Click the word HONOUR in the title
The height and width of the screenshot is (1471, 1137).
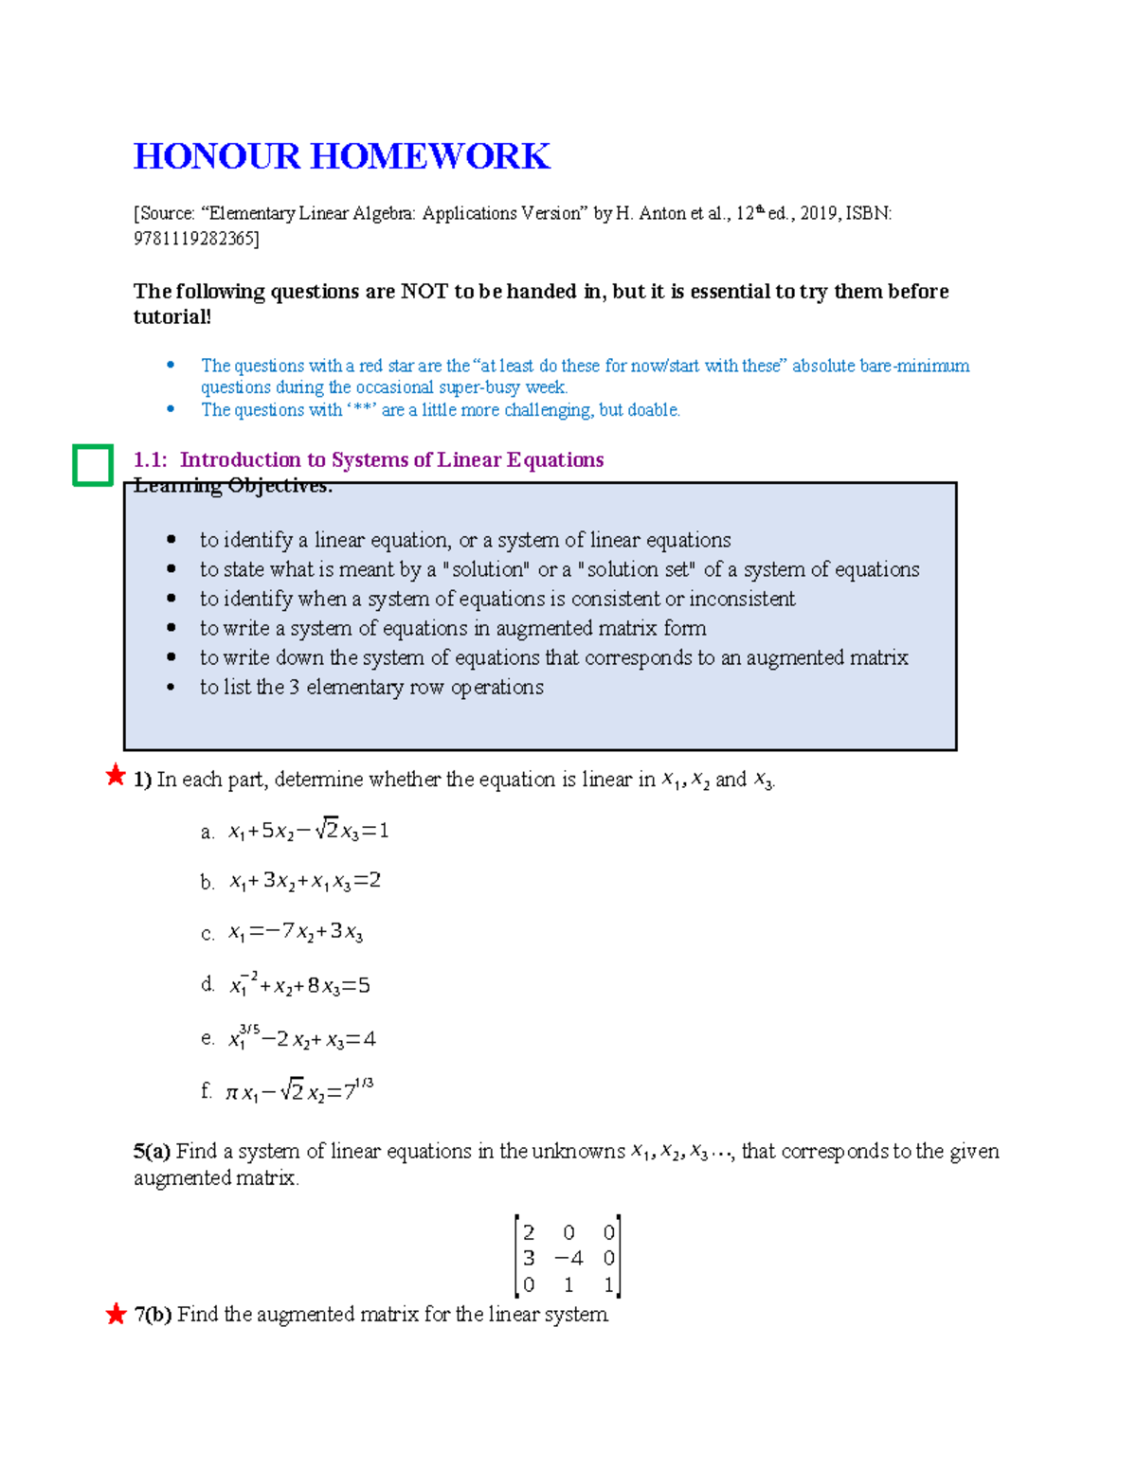point(216,156)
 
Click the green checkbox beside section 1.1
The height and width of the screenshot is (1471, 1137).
point(93,465)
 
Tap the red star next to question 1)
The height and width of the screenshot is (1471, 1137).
point(116,776)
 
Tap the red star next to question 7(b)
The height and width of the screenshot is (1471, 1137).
point(116,1314)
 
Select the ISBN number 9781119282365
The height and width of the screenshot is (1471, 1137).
point(195,239)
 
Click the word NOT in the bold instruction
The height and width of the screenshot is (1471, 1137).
point(424,292)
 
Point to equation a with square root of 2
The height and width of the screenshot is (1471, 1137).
point(308,831)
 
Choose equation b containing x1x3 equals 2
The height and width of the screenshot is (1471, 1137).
point(304,881)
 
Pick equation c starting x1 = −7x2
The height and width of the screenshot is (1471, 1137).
point(295,932)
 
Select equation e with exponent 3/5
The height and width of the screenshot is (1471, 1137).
point(301,1039)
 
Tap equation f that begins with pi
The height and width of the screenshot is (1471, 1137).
point(298,1091)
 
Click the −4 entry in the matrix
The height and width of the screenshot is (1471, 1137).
point(568,1259)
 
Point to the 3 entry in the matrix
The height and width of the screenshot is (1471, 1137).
point(529,1259)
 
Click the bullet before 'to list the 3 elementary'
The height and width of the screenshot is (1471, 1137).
point(171,687)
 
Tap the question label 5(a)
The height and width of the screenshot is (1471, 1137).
point(152,1152)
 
